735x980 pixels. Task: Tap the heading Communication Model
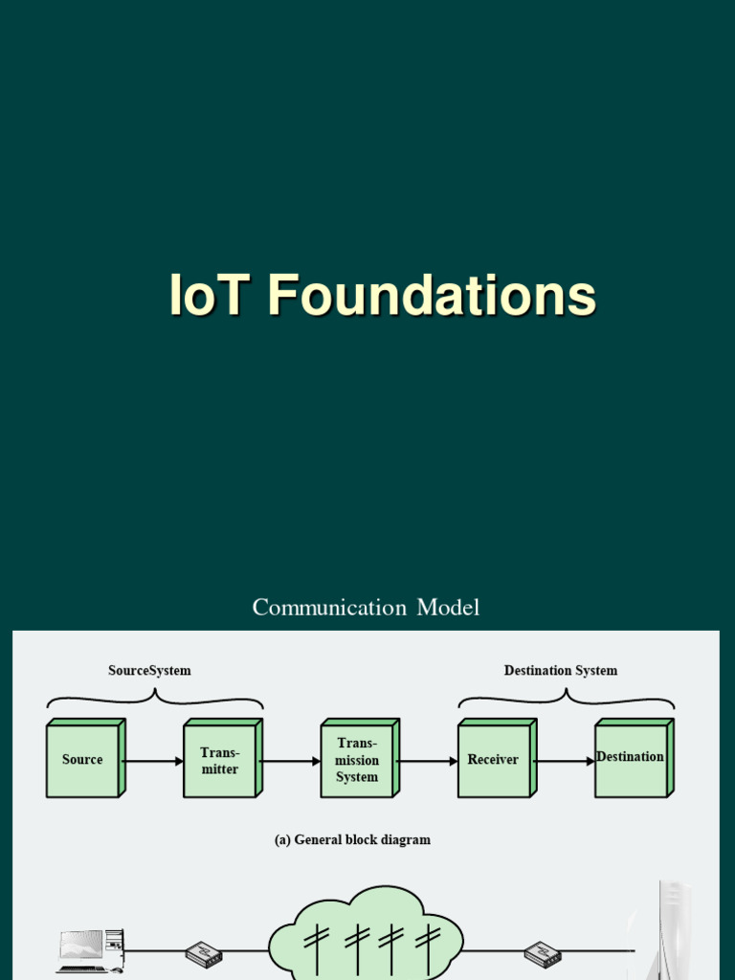point(366,607)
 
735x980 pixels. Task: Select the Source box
point(83,760)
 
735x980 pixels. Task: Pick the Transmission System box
point(357,761)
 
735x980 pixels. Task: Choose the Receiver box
point(494,761)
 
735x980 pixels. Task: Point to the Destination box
point(631,759)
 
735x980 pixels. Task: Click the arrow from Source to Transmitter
point(153,762)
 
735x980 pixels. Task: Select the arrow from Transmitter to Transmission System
point(290,762)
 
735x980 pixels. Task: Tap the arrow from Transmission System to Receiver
point(427,762)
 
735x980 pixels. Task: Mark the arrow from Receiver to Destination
point(564,762)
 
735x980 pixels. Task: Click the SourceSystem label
point(149,671)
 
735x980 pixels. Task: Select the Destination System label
point(561,671)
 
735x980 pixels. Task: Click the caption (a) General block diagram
point(352,840)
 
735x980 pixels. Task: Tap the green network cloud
point(367,934)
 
